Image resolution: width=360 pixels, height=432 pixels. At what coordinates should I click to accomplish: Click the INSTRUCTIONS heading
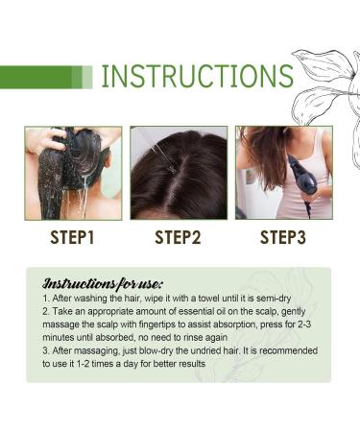pyautogui.click(x=198, y=77)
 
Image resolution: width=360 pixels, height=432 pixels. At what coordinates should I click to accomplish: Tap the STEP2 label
pyautogui.click(x=178, y=236)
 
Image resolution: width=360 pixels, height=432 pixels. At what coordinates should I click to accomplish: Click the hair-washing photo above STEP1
pyautogui.click(x=73, y=173)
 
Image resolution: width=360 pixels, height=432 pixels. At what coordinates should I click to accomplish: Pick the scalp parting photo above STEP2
pyautogui.click(x=179, y=173)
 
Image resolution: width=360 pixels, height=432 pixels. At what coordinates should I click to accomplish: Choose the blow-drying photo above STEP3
pyautogui.click(x=284, y=173)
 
